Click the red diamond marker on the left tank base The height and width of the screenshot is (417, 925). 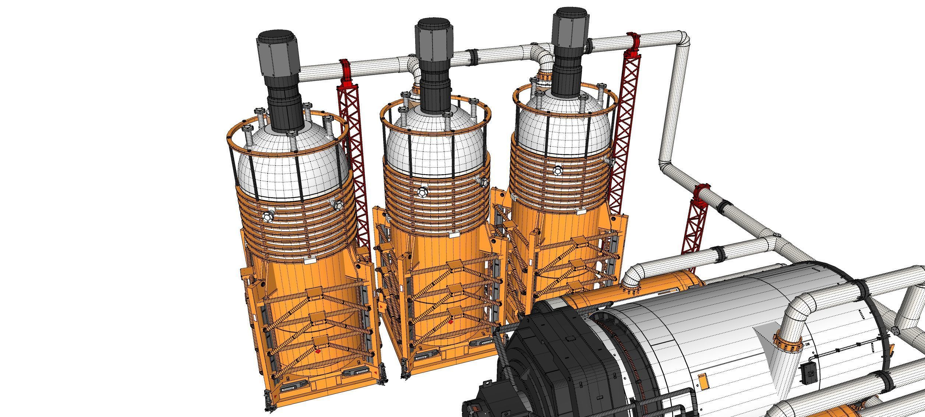(318, 352)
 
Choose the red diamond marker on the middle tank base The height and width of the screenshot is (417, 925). (451, 322)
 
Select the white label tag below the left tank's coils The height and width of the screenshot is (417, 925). (309, 260)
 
